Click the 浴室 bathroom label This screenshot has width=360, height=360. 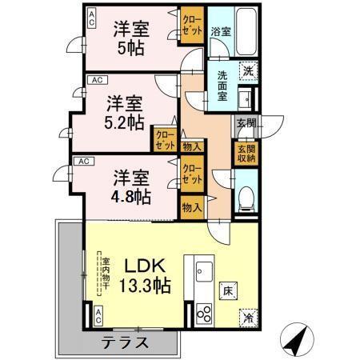coord(221,32)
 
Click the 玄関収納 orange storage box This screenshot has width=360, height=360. coord(245,152)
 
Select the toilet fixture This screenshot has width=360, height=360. coord(246,197)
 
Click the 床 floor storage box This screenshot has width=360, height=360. coord(227,289)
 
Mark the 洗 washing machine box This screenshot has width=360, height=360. coord(248,70)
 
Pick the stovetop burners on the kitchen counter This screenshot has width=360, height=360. coord(202,312)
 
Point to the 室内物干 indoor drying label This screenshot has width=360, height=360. coord(103,274)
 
